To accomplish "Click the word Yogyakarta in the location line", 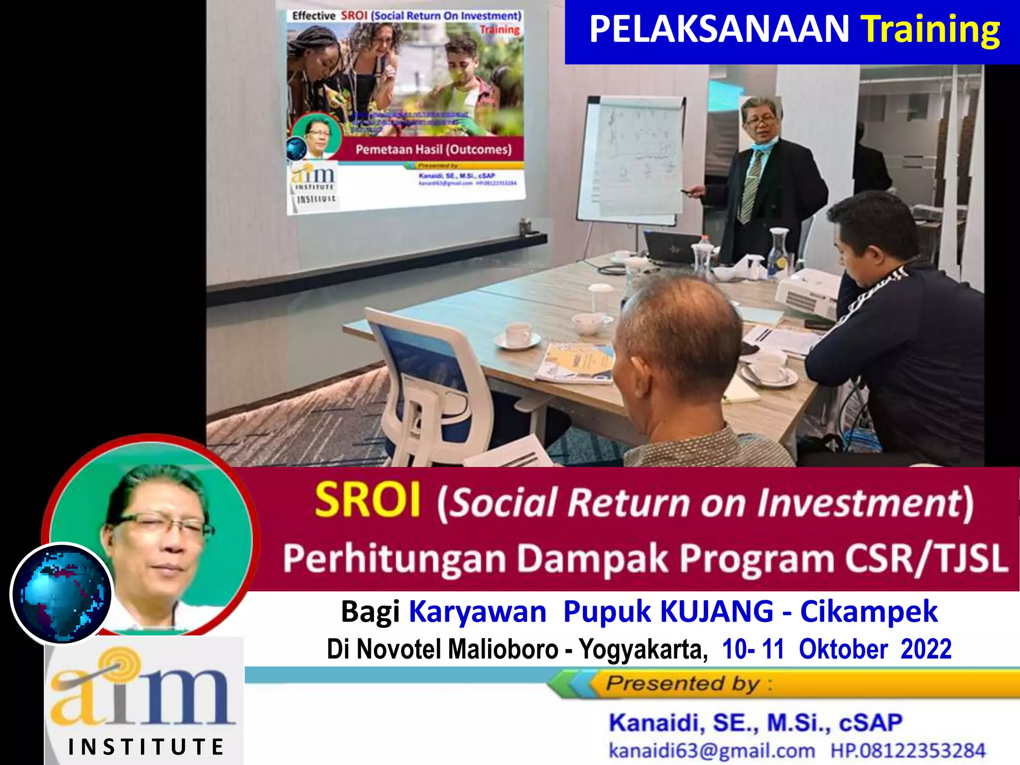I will coord(642,649).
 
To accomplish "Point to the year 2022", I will coord(926,649).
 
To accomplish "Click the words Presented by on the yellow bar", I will coord(682,683).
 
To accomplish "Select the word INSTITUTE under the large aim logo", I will coord(146,747).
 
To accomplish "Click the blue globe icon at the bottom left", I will coord(62,593).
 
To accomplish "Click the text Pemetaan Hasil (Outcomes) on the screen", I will coord(433,149).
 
